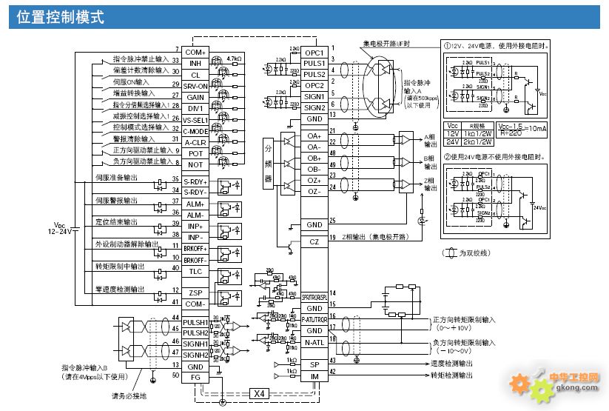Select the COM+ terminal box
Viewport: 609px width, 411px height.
195,53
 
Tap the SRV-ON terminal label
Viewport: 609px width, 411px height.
195,86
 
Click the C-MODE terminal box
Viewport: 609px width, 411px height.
195,131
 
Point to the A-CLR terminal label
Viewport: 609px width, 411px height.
195,142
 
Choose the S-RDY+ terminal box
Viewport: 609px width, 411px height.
195,181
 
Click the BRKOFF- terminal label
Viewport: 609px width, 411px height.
195,260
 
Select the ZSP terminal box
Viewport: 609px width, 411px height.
195,293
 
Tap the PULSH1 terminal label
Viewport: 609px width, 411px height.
195,322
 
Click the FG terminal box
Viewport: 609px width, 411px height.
195,378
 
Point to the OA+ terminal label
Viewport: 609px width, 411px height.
314,136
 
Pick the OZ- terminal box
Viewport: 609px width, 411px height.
314,192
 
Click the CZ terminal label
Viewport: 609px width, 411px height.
314,242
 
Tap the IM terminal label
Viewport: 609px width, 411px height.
314,377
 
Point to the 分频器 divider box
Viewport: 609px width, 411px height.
268,164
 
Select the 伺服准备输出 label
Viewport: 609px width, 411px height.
116,178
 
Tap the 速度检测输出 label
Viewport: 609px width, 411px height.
453,364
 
